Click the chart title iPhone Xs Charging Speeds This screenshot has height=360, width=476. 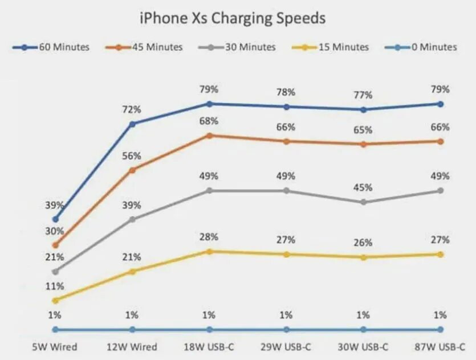pyautogui.click(x=233, y=18)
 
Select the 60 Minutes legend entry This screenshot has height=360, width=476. pyautogui.click(x=51, y=47)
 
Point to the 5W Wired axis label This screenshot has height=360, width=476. pyautogui.click(x=55, y=346)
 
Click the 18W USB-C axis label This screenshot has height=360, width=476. pyautogui.click(x=209, y=346)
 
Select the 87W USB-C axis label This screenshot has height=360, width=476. pyautogui.click(x=440, y=346)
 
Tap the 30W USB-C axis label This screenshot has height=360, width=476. pyautogui.click(x=363, y=346)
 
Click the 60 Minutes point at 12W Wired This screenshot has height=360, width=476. pyautogui.click(x=132, y=124)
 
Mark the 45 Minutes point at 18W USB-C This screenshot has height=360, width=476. pyautogui.click(x=209, y=136)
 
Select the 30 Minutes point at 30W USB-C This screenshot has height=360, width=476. pyautogui.click(x=363, y=202)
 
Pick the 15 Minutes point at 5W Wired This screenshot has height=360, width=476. pyautogui.click(x=55, y=300)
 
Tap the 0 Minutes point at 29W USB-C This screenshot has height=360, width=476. pyautogui.click(x=286, y=329)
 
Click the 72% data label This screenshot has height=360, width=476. pyautogui.click(x=132, y=109)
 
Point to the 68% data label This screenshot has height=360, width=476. pyautogui.click(x=209, y=121)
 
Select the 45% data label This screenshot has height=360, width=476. pyautogui.click(x=363, y=188)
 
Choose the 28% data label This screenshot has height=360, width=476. pyautogui.click(x=209, y=237)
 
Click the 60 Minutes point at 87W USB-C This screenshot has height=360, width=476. pyautogui.click(x=440, y=104)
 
